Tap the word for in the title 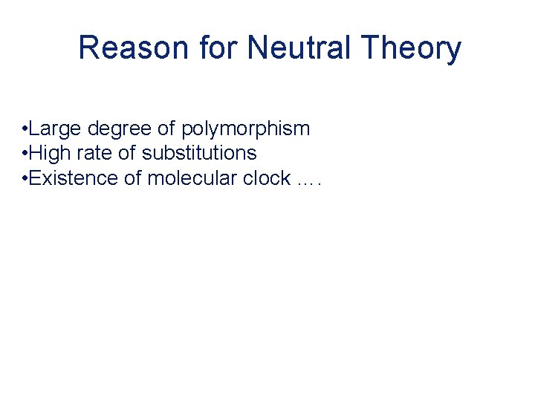(x=218, y=48)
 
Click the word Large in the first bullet (x=56, y=129)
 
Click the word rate (x=95, y=154)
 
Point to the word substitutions (x=199, y=154)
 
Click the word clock (x=265, y=178)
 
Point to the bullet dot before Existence (x=25, y=179)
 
